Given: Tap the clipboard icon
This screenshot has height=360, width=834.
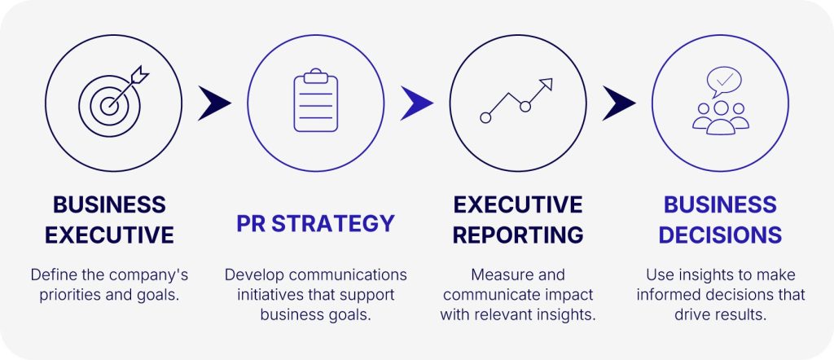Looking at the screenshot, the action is pos(316,100).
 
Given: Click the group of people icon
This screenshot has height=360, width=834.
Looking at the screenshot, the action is pos(721,117).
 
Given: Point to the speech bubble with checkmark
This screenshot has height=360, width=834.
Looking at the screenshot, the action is pos(723,82).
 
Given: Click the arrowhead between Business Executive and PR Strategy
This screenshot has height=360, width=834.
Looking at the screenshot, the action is pos(214,103).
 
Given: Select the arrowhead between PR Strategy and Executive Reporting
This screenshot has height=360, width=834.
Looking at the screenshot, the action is pos(416,103).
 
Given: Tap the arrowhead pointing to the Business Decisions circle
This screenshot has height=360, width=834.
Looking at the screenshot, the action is pos(619,103).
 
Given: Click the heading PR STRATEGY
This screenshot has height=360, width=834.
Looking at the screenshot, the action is pos(316,223).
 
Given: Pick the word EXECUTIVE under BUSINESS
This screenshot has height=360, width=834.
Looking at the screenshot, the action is pos(110,235).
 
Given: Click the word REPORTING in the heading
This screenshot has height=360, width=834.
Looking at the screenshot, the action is pos(518,235).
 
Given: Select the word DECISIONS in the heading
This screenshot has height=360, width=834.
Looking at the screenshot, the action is pos(720,235).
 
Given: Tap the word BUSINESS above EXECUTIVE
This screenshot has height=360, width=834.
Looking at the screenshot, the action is pos(110,204).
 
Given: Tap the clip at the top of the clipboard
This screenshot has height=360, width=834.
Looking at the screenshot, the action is pos(316,75).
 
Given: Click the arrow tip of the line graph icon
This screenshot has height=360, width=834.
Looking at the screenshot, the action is pos(552,79).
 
